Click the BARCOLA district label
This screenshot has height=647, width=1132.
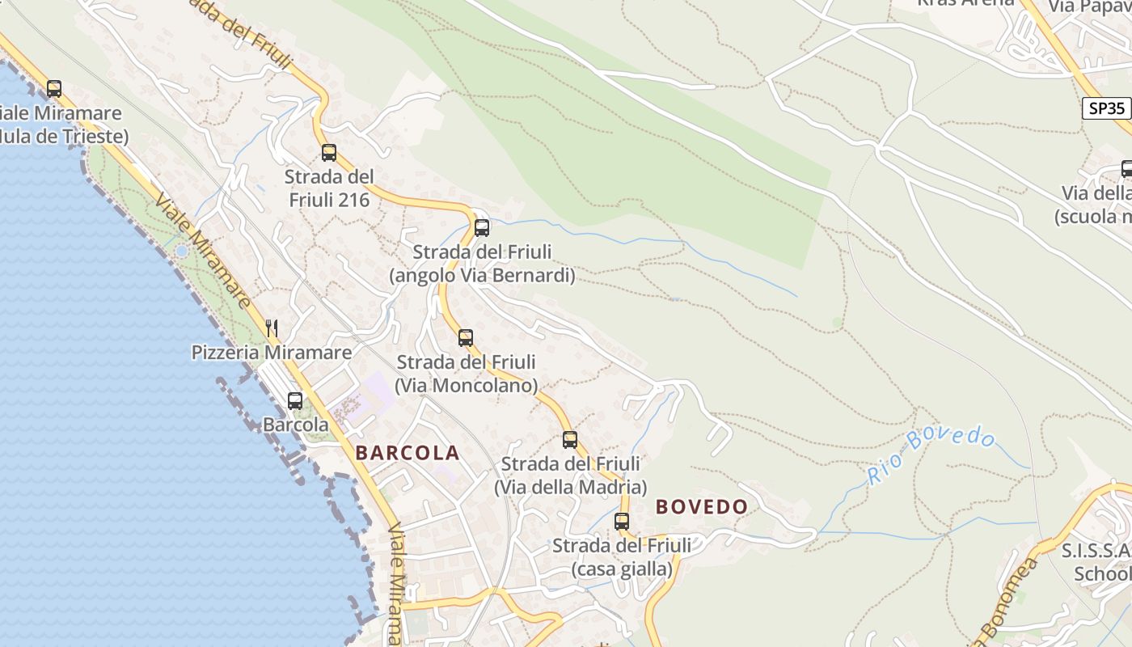coord(408,453)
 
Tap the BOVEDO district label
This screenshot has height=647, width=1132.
coord(701,507)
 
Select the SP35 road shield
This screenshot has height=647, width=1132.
coord(1105,108)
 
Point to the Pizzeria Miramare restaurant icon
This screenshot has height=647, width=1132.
coord(272,328)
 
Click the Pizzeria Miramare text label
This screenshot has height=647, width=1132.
coord(272,353)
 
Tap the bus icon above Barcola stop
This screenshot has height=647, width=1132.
coord(295,400)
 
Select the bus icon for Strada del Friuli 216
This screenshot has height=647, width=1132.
coord(328,152)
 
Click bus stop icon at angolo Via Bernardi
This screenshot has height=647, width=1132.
coord(482,227)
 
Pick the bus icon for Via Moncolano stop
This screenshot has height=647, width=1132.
coord(466,337)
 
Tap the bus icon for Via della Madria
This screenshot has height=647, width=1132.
coord(570,439)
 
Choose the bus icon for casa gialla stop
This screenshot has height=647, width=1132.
coord(622,522)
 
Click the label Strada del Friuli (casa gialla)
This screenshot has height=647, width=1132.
coord(622,557)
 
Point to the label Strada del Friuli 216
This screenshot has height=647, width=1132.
coord(329,188)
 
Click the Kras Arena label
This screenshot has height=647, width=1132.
coord(965,2)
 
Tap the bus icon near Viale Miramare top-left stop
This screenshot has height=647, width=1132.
coord(54,88)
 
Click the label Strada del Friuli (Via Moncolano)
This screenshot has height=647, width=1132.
coord(466,374)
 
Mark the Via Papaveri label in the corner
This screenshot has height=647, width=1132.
coord(1088,6)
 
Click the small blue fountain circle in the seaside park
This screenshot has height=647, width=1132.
coord(181,252)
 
